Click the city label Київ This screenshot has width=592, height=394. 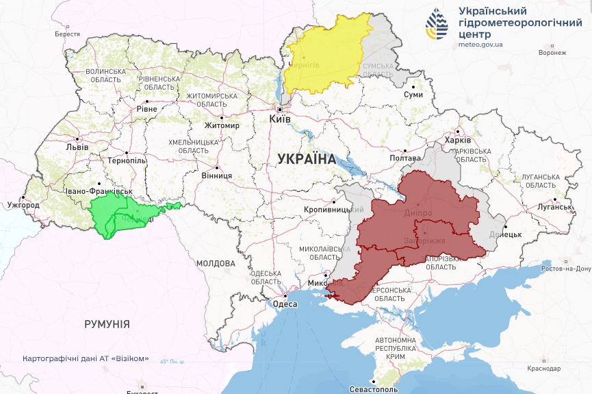tap(280, 119)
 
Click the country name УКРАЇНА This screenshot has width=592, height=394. tap(307, 159)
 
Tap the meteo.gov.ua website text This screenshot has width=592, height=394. tap(480, 45)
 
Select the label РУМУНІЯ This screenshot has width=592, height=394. tap(107, 323)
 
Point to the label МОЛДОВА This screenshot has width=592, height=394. tap(216, 262)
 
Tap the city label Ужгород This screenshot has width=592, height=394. tap(24, 204)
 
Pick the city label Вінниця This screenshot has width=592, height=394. tap(216, 175)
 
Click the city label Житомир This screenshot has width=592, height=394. tap(222, 126)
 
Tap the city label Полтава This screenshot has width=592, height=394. tap(404, 158)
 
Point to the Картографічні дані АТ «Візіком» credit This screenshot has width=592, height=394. tap(86, 358)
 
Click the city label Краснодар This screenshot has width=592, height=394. tap(544, 369)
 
